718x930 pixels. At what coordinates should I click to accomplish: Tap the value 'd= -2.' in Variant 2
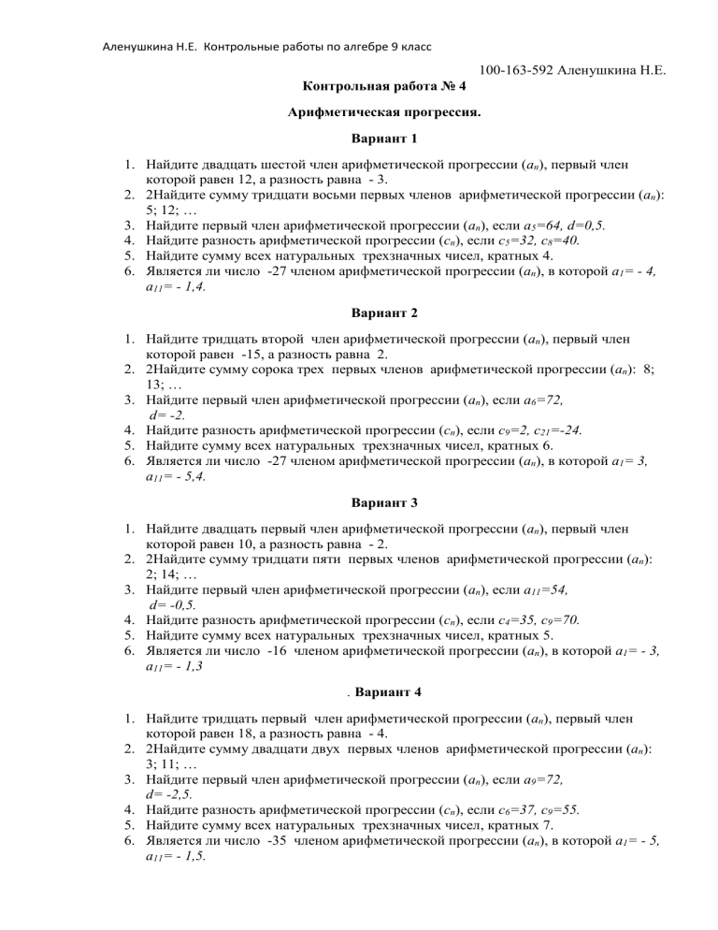pyautogui.click(x=169, y=421)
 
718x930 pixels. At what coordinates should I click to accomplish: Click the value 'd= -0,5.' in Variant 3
pyautogui.click(x=172, y=616)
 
